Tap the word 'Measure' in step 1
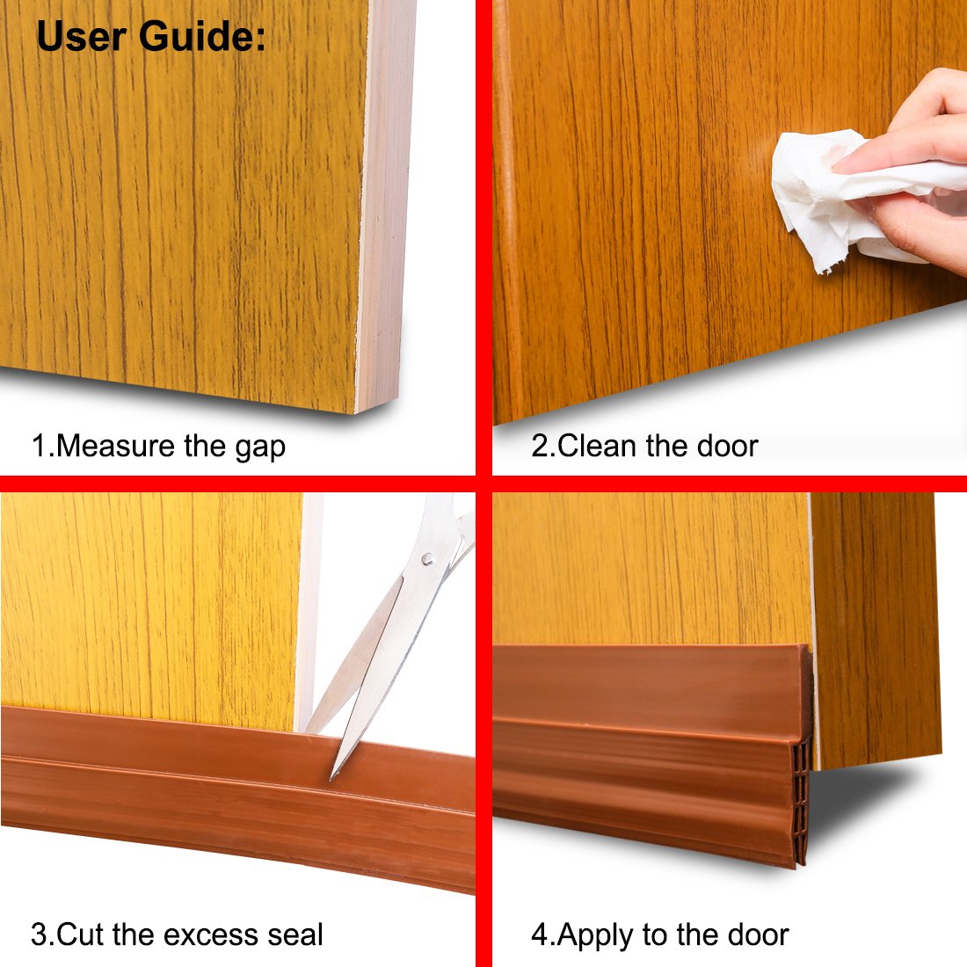pos(116,446)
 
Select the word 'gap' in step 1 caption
pos(260,448)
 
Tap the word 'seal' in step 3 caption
pos(295,934)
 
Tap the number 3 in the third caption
pos(39,934)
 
